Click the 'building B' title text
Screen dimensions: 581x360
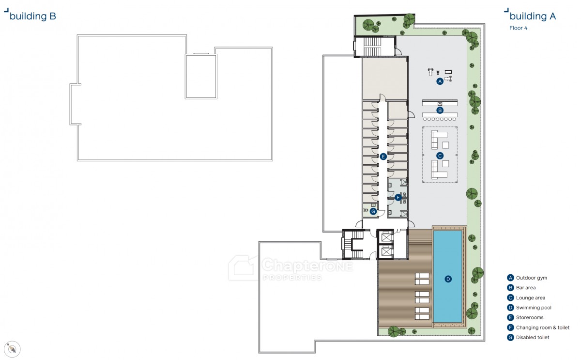click(x=33, y=16)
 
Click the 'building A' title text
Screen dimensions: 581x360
click(x=533, y=16)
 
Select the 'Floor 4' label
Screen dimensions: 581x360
click(x=518, y=28)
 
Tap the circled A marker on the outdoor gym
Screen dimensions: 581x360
click(x=440, y=81)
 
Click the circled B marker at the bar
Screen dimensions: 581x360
click(x=440, y=110)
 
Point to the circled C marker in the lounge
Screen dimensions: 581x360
click(x=440, y=156)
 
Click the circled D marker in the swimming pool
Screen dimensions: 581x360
click(x=448, y=279)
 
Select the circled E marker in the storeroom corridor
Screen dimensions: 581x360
click(x=383, y=157)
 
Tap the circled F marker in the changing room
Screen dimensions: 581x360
click(x=398, y=198)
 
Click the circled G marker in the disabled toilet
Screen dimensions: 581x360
click(x=373, y=211)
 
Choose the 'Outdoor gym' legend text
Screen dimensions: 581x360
click(x=532, y=278)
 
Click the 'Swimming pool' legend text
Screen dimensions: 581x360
click(x=534, y=308)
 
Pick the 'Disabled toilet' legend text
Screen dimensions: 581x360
click(x=533, y=337)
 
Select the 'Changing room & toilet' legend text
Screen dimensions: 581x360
click(x=543, y=328)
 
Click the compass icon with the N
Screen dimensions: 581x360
click(x=12, y=349)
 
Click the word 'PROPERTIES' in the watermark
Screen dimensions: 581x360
click(x=292, y=278)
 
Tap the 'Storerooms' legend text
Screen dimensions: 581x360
click(x=530, y=317)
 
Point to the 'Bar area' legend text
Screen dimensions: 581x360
click(x=526, y=288)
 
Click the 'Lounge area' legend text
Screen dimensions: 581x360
click(x=531, y=297)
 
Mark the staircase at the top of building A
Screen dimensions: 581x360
click(x=372, y=47)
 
